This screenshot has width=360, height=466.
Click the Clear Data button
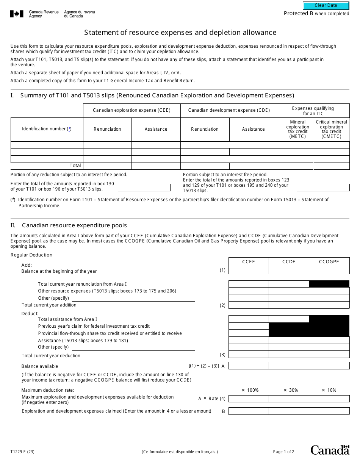326,5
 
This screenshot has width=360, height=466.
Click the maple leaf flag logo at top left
16,14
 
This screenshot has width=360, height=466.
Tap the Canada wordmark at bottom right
330,450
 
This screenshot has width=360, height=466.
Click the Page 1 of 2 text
283,452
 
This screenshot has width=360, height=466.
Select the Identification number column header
47,129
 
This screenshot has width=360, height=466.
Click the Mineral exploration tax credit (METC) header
297,129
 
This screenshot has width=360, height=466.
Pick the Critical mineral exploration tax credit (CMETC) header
332,129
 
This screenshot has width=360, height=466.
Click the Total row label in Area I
75,166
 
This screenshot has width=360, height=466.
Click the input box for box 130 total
144,188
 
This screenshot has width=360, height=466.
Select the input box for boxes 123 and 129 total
323,188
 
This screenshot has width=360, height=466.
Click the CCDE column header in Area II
289,262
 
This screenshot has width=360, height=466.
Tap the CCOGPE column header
329,262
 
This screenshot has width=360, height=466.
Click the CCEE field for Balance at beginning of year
249,271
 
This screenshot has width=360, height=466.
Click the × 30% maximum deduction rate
291,390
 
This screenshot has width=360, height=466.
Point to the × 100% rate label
250,390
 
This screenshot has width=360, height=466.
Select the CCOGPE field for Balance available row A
329,366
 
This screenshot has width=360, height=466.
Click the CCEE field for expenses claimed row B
249,411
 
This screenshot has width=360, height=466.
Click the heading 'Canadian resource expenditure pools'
74,225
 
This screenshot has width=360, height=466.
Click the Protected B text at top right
298,14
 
